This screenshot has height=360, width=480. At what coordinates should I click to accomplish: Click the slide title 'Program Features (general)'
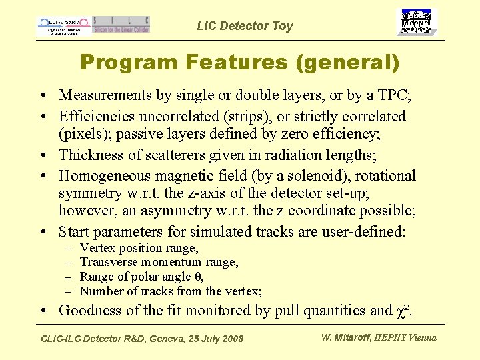239,63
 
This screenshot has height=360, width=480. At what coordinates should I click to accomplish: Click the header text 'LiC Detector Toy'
245,26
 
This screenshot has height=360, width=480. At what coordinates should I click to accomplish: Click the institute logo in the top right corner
419,22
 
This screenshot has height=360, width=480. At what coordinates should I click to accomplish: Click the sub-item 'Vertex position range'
139,248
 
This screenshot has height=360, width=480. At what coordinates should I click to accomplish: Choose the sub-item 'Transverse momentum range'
159,262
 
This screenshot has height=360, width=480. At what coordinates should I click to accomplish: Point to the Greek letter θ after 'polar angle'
198,277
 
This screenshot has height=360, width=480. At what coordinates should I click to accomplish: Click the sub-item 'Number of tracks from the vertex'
170,291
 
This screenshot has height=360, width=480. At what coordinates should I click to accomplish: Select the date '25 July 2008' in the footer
211,339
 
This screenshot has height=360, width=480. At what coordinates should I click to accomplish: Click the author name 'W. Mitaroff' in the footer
346,337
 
